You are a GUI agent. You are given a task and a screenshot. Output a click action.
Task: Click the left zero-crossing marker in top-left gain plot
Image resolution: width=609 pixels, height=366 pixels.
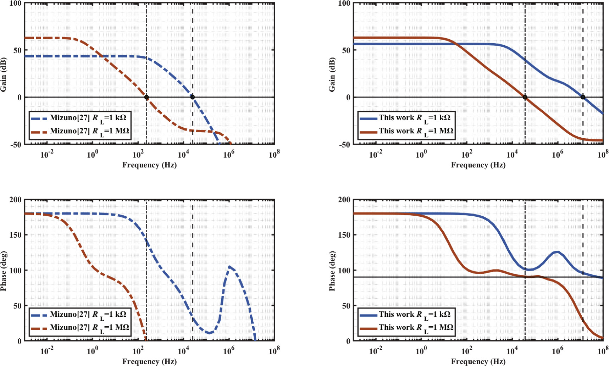[146, 98]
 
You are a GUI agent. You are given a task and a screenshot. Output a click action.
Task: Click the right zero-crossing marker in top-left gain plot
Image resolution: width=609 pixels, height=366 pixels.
[193, 97]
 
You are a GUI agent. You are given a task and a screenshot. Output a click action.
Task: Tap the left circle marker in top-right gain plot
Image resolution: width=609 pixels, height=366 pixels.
[525, 97]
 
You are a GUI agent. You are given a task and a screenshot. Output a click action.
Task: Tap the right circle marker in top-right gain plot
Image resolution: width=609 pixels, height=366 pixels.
[583, 97]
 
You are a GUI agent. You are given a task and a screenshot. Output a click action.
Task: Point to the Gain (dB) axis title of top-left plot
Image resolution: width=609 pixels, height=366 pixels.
[4, 73]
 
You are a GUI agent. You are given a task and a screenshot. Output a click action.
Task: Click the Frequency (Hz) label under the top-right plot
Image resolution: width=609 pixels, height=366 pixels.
[478, 165]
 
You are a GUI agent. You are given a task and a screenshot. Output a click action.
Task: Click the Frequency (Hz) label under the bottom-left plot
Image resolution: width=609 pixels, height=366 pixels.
[149, 361]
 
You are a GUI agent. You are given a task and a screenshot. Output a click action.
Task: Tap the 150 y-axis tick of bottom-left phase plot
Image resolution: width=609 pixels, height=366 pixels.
[15, 235]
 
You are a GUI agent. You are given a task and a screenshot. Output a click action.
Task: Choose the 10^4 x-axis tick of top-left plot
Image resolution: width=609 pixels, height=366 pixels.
[183, 155]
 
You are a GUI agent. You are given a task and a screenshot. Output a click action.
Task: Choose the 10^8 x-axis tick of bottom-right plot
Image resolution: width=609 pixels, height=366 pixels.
[603, 351]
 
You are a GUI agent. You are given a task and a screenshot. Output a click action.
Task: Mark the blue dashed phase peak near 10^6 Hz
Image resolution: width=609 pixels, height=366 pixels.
[229, 267]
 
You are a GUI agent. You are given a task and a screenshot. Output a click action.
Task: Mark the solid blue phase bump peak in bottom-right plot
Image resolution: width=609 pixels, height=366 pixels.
[557, 252]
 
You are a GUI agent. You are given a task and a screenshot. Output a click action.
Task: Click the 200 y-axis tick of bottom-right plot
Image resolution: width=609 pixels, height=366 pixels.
[344, 200]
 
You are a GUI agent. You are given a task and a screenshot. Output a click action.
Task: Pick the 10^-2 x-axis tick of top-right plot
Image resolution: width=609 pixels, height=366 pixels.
[376, 155]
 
